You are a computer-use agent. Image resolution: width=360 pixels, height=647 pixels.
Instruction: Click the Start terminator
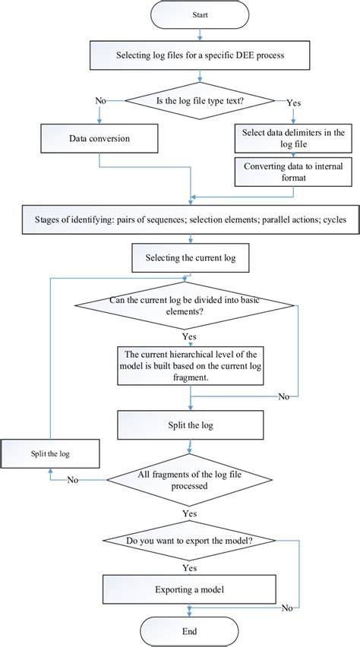(200, 14)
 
